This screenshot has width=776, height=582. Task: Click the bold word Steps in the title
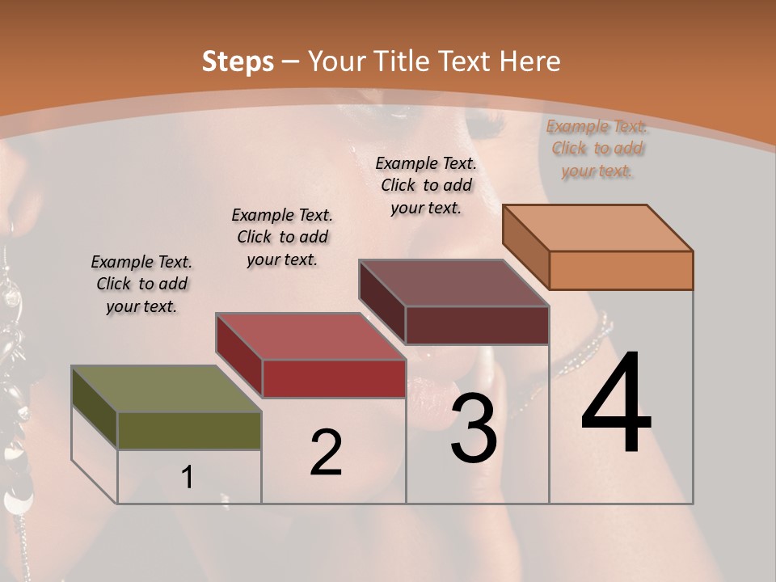pyautogui.click(x=238, y=61)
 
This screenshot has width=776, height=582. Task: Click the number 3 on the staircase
pyautogui.click(x=474, y=428)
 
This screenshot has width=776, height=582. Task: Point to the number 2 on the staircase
pyautogui.click(x=327, y=453)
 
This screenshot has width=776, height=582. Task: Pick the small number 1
pyautogui.click(x=188, y=478)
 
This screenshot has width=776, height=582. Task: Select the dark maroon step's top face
pyautogui.click(x=453, y=283)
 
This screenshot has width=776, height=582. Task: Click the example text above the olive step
pyautogui.click(x=141, y=284)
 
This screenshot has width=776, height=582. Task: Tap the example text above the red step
pyautogui.click(x=282, y=237)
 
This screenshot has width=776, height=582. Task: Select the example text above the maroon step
pyautogui.click(x=426, y=185)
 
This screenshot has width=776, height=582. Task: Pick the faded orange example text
pyautogui.click(x=597, y=148)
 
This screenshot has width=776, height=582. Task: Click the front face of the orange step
pyautogui.click(x=621, y=270)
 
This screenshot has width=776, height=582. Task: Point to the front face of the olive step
pyautogui.click(x=189, y=430)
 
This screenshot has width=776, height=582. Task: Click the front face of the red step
pyautogui.click(x=334, y=378)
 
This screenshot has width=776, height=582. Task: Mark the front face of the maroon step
pyautogui.click(x=477, y=325)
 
